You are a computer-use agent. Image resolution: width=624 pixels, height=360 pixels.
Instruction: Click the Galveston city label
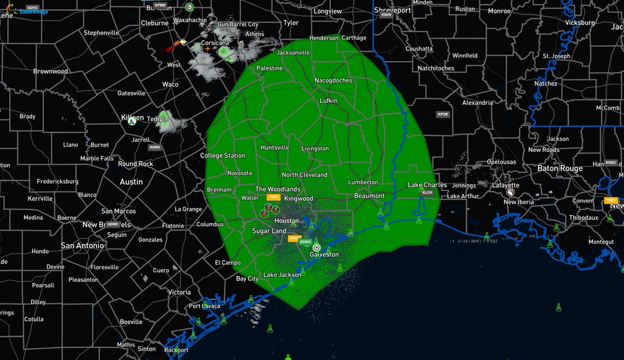(324, 254)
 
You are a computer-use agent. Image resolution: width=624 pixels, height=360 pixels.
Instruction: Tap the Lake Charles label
(427, 185)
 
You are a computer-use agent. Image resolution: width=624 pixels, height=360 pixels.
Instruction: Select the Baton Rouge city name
(560, 169)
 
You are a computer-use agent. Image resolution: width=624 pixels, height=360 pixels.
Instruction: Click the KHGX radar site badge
(306, 242)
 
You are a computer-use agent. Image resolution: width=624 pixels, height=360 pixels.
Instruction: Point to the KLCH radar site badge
(427, 192)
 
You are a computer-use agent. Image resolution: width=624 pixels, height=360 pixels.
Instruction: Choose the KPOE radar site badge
(443, 114)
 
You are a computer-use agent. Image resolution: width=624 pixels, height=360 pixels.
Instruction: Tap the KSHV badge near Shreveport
(386, 15)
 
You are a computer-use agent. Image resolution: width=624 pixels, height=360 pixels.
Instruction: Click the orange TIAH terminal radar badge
(273, 197)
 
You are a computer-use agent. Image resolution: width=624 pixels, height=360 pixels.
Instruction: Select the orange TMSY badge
(612, 200)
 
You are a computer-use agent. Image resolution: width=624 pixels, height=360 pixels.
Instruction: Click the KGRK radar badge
(155, 148)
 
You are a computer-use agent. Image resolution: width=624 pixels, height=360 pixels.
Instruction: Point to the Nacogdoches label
(333, 81)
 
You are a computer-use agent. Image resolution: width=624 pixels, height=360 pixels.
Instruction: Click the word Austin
(131, 182)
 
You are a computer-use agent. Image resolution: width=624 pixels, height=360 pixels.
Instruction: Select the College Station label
(223, 156)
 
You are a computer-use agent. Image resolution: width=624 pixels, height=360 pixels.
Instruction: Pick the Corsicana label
(215, 43)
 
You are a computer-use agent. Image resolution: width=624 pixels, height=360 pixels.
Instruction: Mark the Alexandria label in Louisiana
(477, 102)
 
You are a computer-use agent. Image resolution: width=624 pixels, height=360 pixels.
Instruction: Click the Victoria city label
(179, 292)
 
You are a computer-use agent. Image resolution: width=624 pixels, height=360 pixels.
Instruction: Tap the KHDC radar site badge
(611, 163)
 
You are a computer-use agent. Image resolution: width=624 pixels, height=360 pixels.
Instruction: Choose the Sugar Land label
(269, 230)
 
